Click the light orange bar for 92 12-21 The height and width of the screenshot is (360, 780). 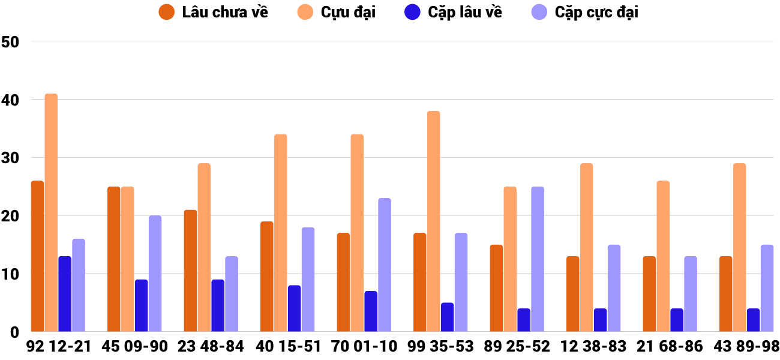tap(51, 213)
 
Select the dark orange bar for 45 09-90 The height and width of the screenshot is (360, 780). tap(113, 259)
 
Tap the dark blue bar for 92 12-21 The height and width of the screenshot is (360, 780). tap(65, 294)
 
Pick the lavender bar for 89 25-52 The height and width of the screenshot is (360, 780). tap(538, 259)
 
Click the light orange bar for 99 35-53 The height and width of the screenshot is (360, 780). tap(433, 221)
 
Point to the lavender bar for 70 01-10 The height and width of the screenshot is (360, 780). tap(385, 265)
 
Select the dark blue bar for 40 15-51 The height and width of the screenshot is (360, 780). tap(294, 308)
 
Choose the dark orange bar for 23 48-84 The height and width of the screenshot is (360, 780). tap(190, 271)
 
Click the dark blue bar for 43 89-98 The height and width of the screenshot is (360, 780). tap(753, 320)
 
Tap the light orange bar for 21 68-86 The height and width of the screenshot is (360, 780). tap(663, 256)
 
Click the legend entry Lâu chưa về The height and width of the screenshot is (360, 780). tap(214, 12)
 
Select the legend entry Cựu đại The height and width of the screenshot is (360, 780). tap(337, 12)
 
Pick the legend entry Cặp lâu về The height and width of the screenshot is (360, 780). tap(453, 12)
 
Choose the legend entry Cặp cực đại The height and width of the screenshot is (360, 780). tap(585, 12)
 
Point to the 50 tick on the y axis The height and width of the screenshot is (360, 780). tap(11, 42)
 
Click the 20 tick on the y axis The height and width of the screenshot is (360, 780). tap(11, 216)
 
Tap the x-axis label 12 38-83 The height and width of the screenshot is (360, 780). tap(593, 347)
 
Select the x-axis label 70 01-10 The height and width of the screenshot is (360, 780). tap(364, 347)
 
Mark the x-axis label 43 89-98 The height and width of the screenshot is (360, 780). tap(746, 347)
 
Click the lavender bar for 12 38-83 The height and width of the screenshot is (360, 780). tap(614, 288)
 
